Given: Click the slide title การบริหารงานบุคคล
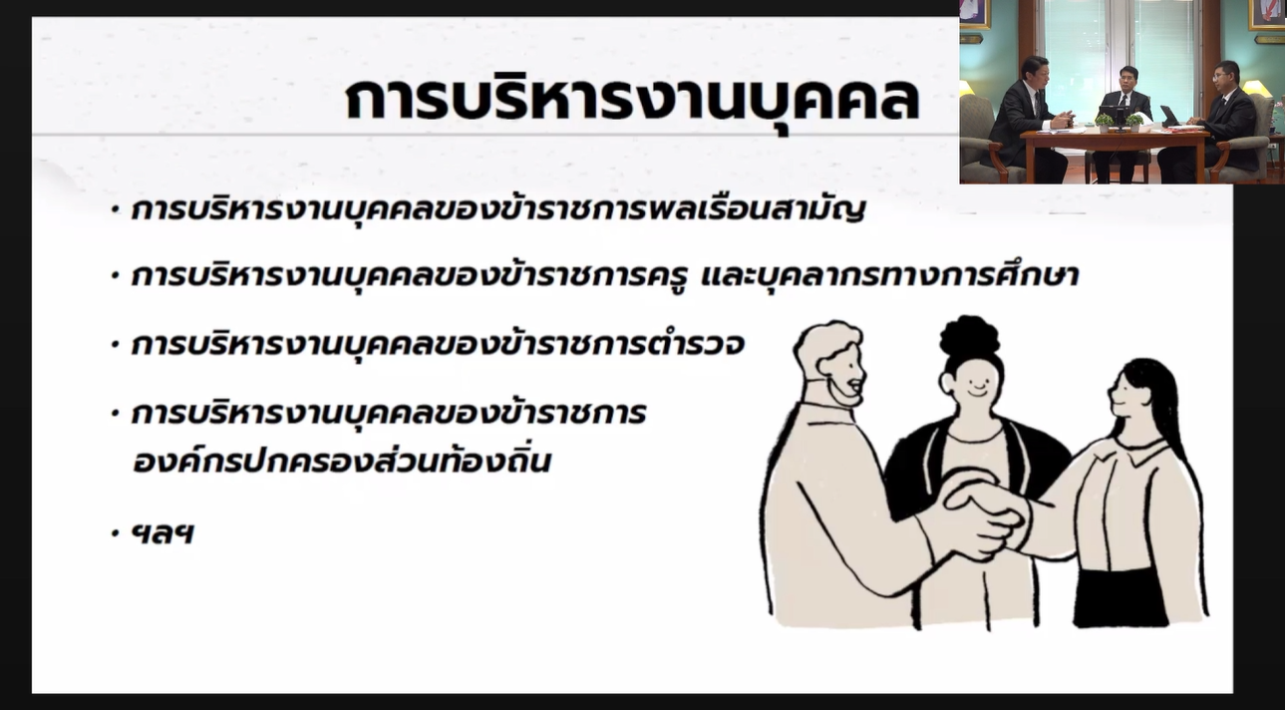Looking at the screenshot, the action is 633,99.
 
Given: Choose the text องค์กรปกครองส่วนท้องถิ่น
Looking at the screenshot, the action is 341,461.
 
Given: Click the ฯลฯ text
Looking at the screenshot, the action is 162,533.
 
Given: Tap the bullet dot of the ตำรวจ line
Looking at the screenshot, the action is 115,345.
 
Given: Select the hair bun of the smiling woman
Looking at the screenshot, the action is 969,335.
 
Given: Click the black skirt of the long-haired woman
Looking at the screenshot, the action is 1121,599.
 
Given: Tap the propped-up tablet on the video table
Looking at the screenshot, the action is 1169,115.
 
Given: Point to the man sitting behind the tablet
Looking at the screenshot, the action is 1218,115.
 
